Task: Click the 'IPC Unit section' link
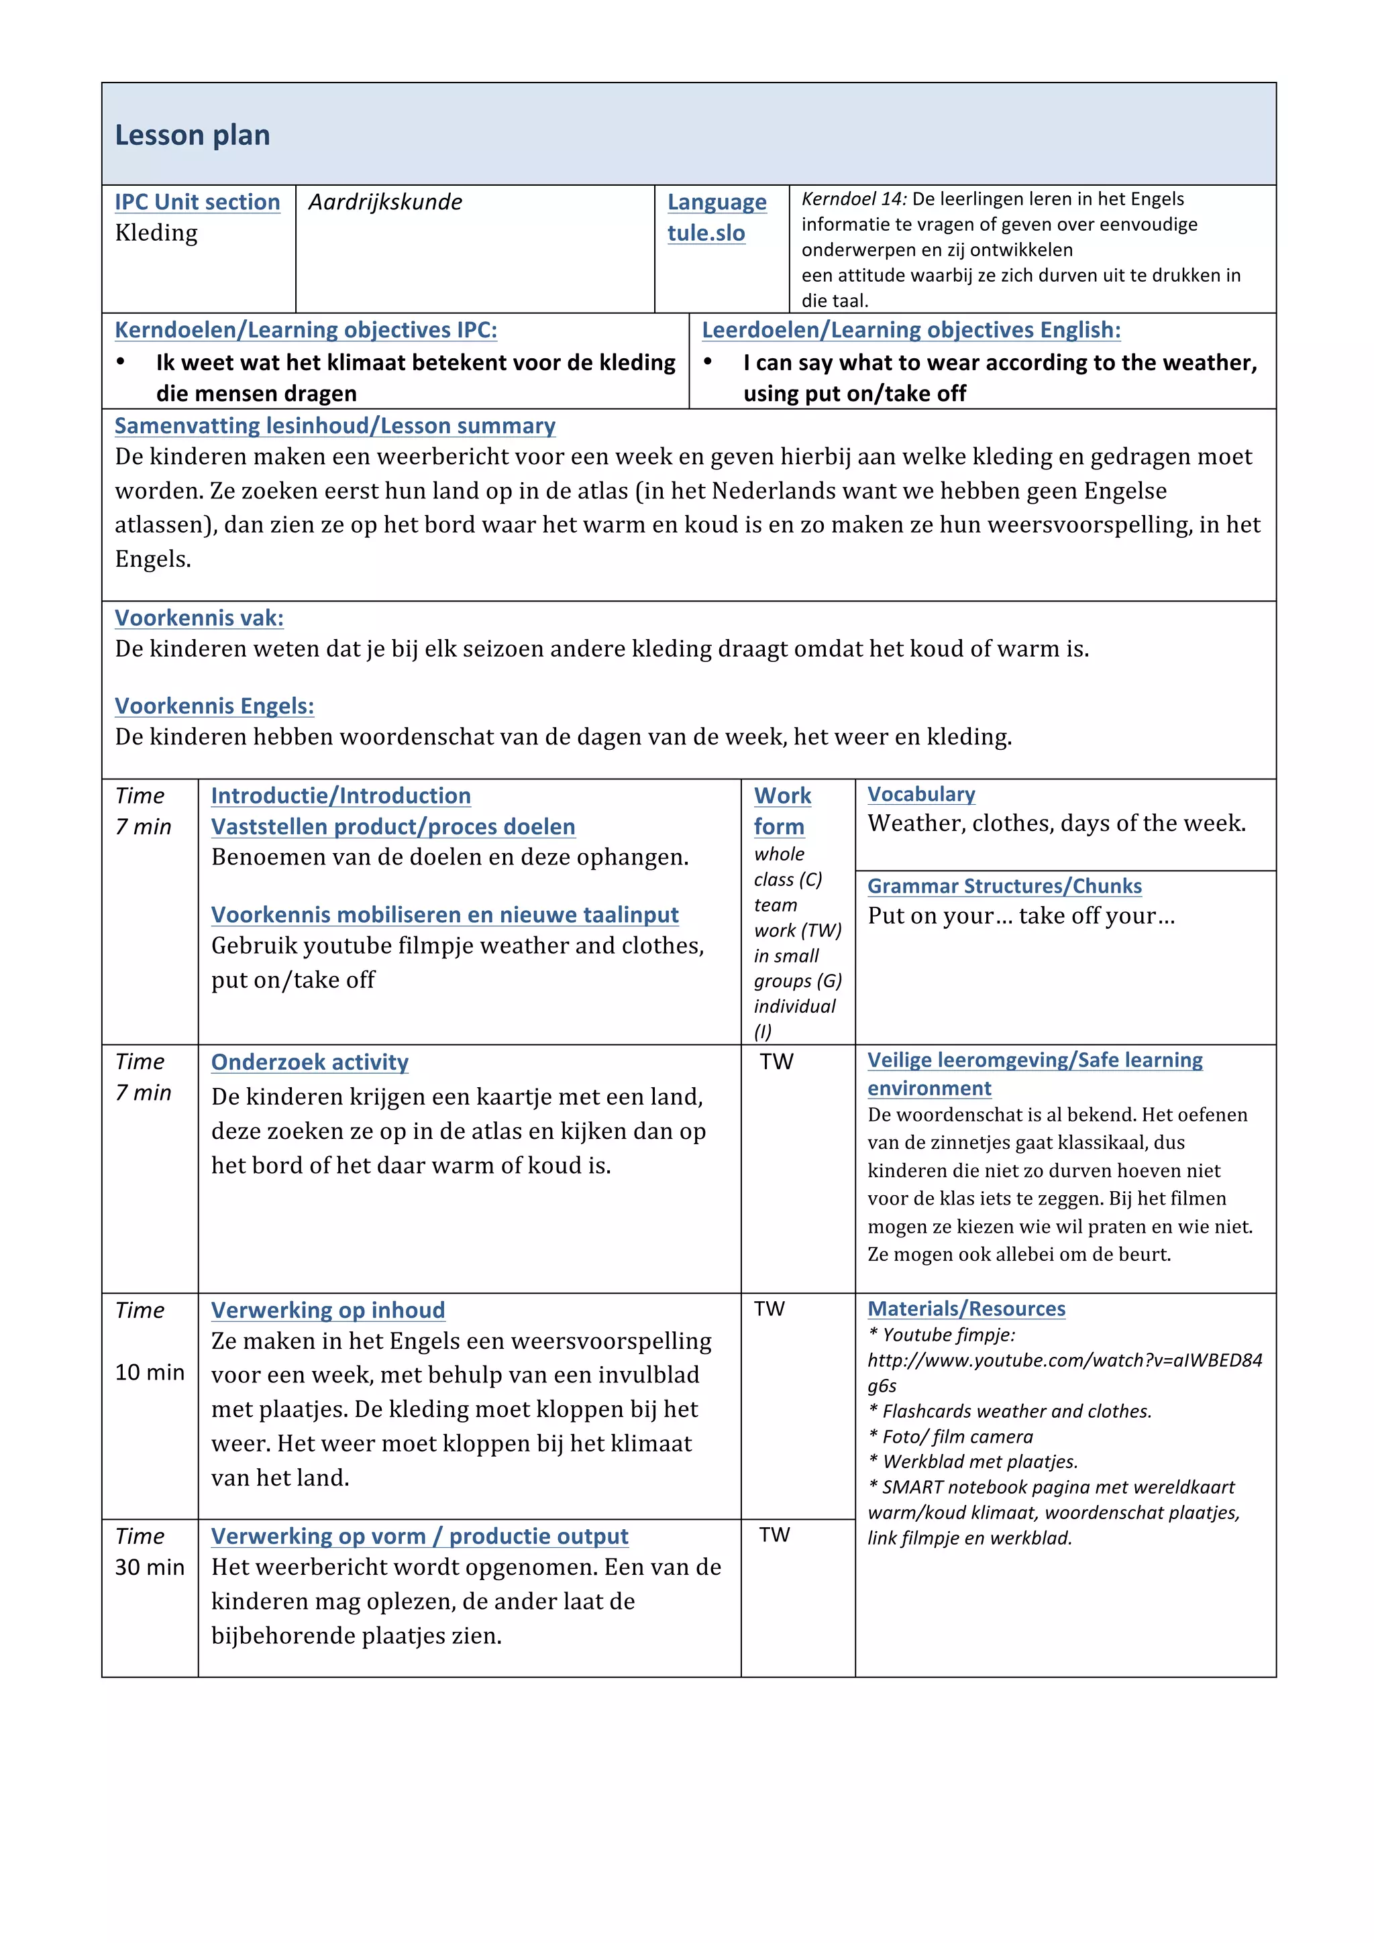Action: tap(197, 203)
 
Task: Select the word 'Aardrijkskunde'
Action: tap(385, 203)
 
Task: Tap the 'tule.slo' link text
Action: tap(706, 233)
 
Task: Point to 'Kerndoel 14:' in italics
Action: tap(853, 199)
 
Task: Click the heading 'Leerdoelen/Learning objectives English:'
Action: tap(911, 330)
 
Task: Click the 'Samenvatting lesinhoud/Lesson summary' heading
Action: tap(335, 426)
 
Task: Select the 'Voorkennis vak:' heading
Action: tap(199, 618)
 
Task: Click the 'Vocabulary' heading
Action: tap(921, 794)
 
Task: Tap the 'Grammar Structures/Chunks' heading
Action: tap(1004, 886)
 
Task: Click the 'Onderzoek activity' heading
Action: tap(310, 1062)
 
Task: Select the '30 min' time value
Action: tap(150, 1567)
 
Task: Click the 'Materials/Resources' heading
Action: tap(966, 1309)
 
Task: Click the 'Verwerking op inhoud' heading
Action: tap(327, 1310)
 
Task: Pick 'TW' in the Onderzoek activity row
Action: tap(776, 1062)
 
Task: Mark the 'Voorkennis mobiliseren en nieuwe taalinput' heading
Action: tap(444, 915)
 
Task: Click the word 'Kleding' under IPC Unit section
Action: tap(156, 233)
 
